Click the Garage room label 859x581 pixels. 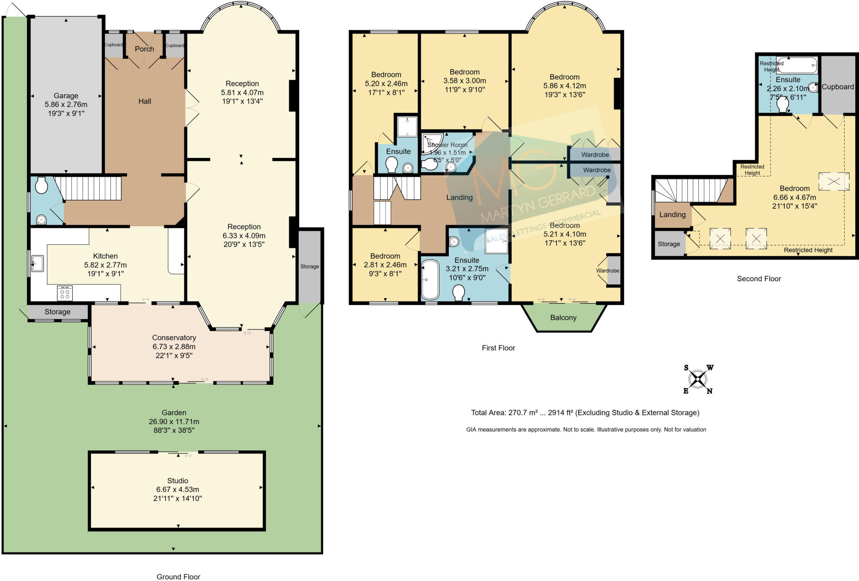tap(65, 96)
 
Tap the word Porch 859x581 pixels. tap(144, 49)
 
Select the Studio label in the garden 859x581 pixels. tap(177, 481)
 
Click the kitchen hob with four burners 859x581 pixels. tap(65, 293)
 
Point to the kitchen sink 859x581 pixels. tap(37, 263)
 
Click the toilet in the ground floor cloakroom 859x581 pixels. tap(41, 185)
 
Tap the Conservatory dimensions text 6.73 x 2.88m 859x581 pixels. tap(174, 347)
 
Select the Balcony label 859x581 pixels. tap(563, 318)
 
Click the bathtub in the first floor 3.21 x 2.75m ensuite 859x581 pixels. tap(430, 280)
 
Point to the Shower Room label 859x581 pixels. tap(447, 145)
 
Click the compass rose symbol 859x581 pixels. tap(698, 379)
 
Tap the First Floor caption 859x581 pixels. tap(498, 348)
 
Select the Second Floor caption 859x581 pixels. tap(758, 279)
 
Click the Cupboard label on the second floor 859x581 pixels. tap(837, 87)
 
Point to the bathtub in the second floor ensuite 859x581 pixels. tap(796, 65)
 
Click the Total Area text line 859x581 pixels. tap(585, 413)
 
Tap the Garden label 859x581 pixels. tap(174, 413)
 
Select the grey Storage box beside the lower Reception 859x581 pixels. tap(310, 267)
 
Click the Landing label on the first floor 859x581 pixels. tap(459, 197)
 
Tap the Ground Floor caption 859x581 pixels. tap(178, 577)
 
